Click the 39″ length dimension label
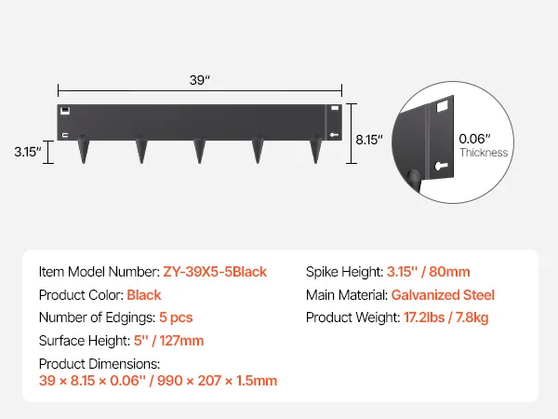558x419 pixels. tap(200, 80)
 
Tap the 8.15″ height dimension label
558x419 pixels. tap(369, 140)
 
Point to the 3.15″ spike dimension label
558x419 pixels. tap(28, 152)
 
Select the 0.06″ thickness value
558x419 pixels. tap(474, 139)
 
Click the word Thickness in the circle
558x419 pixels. tap(484, 153)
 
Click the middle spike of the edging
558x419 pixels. tap(200, 150)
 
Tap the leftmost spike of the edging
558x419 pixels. tap(84, 150)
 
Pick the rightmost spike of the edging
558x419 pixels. tap(315, 150)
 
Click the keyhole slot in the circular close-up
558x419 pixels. tap(441, 166)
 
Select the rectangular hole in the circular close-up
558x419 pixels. tap(442, 106)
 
